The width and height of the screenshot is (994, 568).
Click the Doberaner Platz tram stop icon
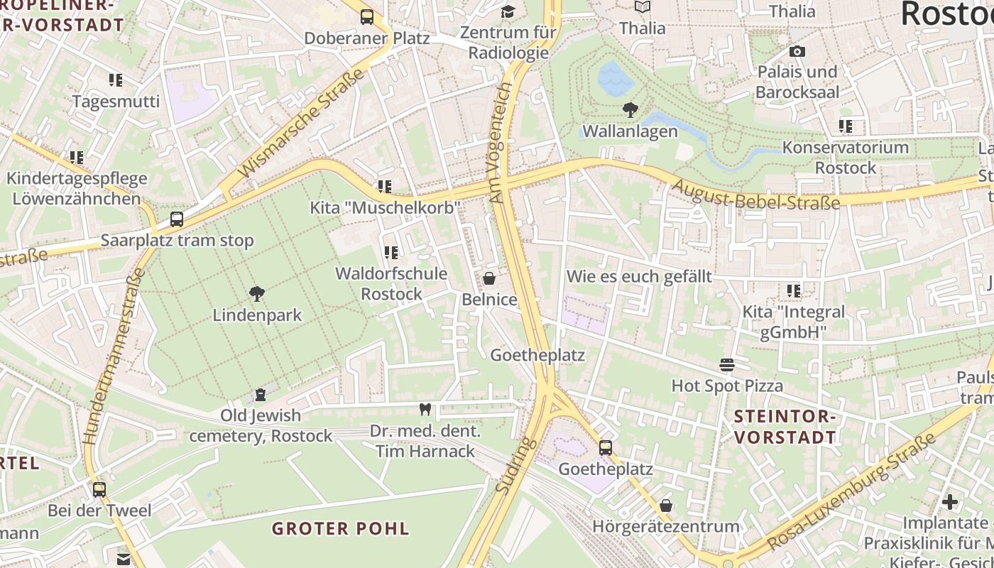[366, 16]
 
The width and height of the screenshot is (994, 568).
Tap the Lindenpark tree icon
[257, 294]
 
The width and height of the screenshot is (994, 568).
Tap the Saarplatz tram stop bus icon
[177, 219]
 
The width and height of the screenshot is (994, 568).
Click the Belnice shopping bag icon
[488, 278]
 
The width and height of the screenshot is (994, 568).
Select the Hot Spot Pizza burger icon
[726, 365]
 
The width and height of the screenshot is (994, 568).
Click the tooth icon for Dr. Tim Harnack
[425, 409]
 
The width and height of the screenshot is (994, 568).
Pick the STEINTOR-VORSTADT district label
[785, 427]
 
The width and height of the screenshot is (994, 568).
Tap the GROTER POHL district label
[341, 528]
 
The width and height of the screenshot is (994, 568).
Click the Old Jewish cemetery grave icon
[261, 395]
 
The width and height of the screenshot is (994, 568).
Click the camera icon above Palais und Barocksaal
[797, 51]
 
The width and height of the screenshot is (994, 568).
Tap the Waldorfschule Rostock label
[390, 283]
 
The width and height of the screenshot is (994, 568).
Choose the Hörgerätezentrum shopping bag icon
[666, 506]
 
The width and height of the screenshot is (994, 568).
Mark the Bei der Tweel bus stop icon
[99, 489]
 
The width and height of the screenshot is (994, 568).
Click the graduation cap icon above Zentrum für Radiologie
[508, 11]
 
